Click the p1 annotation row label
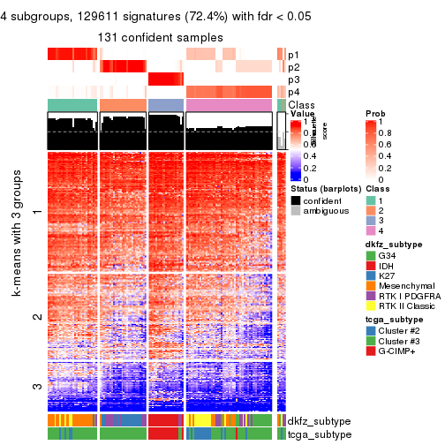pyautogui.click(x=293, y=55)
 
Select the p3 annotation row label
pyautogui.click(x=293, y=79)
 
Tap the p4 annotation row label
pyautogui.click(x=293, y=92)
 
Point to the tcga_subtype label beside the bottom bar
pyautogui.click(x=314, y=434)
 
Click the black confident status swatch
pyautogui.click(x=296, y=200)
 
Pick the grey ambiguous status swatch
pyautogui.click(x=296, y=212)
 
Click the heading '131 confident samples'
pyautogui.click(x=161, y=36)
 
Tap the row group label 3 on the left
pyautogui.click(x=36, y=386)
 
